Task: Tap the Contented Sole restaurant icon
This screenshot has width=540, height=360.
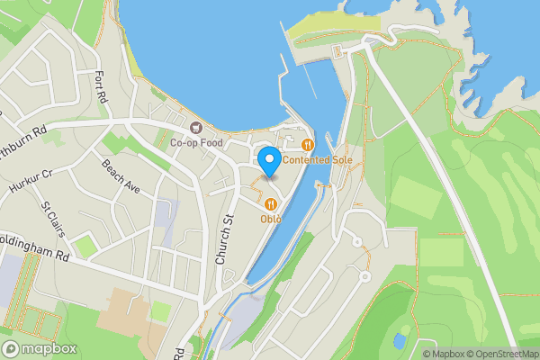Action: pos(308,144)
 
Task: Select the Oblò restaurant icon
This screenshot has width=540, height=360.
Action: pos(271,204)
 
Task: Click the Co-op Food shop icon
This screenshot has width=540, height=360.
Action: pos(195,126)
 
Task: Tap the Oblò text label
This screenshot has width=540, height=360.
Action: pos(271,219)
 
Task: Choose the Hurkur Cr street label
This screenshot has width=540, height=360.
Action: pos(32,183)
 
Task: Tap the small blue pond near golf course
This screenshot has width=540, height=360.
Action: pos(399,341)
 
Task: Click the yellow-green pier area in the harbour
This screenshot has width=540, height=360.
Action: pos(329,27)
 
